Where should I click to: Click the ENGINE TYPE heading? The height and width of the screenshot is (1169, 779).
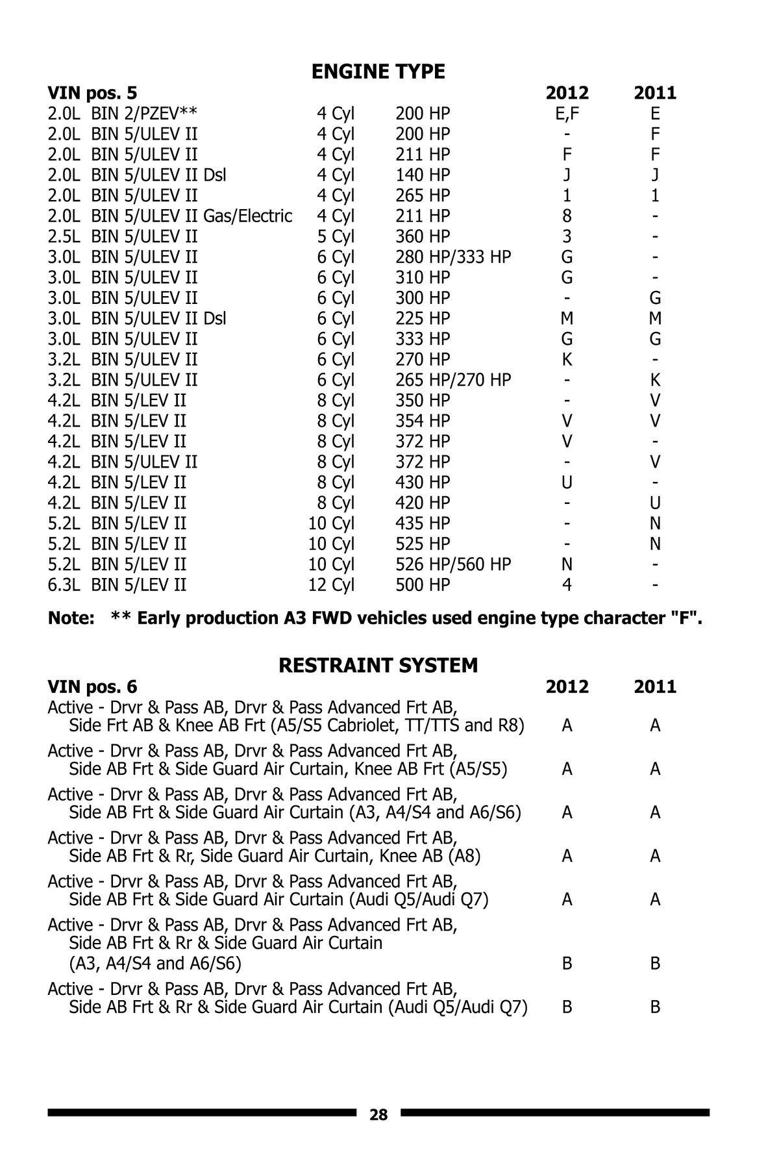[378, 71]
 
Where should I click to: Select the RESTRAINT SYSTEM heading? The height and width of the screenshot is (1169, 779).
[378, 666]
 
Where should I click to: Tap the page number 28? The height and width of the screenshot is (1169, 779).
[378, 1115]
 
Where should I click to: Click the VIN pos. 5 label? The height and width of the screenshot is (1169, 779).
[92, 94]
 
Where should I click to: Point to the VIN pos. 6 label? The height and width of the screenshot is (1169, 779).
[92, 687]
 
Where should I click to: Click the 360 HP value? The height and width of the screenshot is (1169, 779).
[423, 236]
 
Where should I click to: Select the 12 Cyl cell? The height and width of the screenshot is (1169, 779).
[331, 585]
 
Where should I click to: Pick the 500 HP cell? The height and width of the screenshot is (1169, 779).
[423, 585]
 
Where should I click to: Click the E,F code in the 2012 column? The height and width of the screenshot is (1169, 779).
[567, 114]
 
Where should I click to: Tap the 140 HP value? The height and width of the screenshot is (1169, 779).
[423, 175]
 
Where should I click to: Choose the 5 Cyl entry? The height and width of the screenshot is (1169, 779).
[336, 236]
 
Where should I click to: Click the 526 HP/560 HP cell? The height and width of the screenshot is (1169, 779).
[453, 564]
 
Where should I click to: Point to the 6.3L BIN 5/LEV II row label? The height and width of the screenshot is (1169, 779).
[117, 585]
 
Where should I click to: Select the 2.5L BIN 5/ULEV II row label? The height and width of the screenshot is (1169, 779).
[123, 236]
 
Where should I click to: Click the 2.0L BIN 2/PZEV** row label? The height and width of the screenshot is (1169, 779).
[123, 114]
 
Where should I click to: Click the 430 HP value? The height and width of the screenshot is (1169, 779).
[423, 483]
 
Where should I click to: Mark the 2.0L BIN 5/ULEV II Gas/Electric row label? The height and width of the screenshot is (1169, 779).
[169, 216]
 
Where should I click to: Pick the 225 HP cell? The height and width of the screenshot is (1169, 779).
[423, 319]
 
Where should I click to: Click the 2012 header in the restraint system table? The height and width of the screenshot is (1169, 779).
[567, 687]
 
